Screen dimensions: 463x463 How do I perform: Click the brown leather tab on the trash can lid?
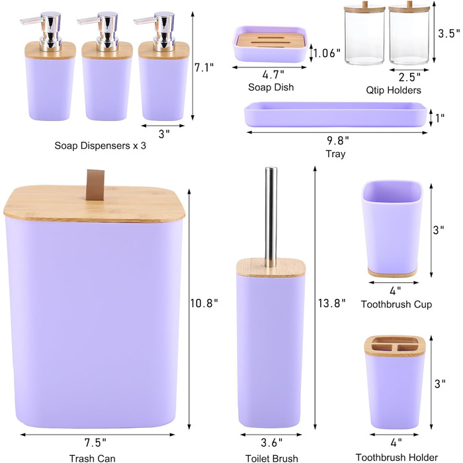pyautogui.click(x=95, y=185)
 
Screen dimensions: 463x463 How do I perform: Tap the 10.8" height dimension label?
pyautogui.click(x=204, y=303)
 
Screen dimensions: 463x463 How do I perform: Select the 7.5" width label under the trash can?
pyautogui.click(x=95, y=442)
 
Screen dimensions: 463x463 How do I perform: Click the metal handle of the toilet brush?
pyautogui.click(x=271, y=217)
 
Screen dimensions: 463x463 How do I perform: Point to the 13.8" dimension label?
pyautogui.click(x=331, y=303)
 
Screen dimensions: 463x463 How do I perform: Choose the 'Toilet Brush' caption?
pyautogui.click(x=272, y=458)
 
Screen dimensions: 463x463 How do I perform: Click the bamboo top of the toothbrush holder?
pyautogui.click(x=394, y=345)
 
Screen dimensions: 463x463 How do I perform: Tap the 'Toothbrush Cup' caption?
pyautogui.click(x=396, y=304)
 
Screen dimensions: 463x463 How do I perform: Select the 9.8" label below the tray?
pyautogui.click(x=338, y=140)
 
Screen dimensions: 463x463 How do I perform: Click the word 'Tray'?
pyautogui.click(x=335, y=154)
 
